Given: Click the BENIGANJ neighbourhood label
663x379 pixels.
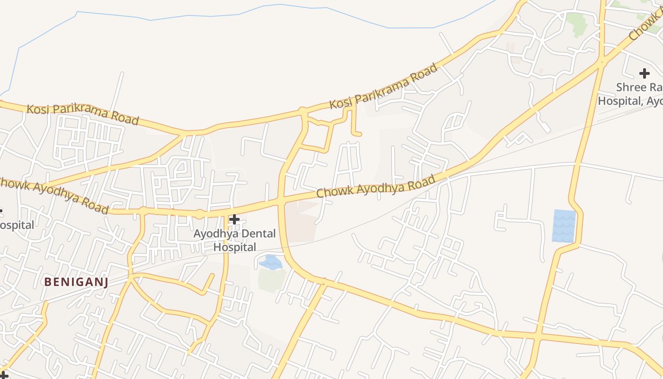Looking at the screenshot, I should click(76, 282).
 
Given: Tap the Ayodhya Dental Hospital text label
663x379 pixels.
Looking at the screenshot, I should click(234, 240).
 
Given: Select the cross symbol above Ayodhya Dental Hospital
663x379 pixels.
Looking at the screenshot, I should click(234, 219).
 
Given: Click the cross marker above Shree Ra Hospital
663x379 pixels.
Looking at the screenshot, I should click(644, 73).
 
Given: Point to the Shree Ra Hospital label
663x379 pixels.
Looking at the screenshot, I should click(630, 94).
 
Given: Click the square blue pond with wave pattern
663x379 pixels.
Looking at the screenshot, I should click(564, 226).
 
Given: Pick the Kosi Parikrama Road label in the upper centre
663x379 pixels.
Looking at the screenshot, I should click(383, 87).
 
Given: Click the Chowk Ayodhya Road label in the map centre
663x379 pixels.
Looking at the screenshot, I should click(376, 187).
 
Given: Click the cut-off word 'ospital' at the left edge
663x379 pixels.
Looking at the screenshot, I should click(17, 225).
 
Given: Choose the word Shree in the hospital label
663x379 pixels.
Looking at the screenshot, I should click(631, 88).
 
